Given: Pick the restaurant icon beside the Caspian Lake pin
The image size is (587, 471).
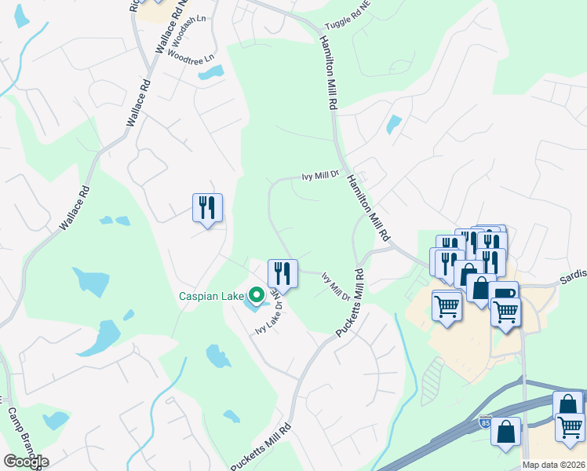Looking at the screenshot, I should [281, 273].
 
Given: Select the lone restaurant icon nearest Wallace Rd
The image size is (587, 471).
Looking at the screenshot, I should [207, 208].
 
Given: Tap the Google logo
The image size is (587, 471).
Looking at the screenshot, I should [26, 462].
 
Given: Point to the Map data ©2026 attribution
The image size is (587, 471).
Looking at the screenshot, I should [553, 465].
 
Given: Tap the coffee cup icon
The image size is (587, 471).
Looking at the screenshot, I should [503, 294].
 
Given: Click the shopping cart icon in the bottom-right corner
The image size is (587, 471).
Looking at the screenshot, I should [570, 427].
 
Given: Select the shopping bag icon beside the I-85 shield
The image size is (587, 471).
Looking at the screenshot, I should [505, 430].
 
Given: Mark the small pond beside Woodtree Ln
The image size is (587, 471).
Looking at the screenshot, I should [210, 73].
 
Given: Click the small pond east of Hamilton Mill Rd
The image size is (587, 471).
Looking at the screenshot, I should [393, 124].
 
